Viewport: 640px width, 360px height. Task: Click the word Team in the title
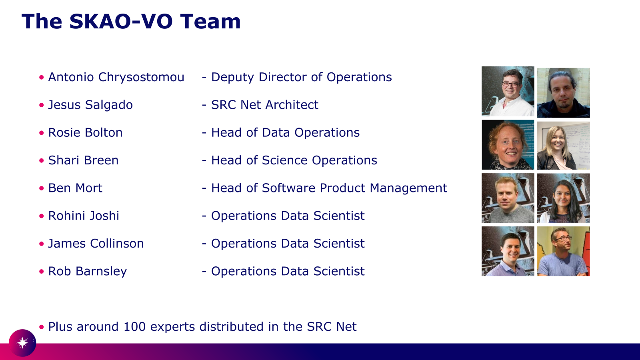(x=210, y=22)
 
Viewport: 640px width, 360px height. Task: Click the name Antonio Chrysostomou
(x=116, y=77)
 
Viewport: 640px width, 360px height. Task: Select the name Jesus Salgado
(x=90, y=105)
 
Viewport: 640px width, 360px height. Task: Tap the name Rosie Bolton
(x=85, y=132)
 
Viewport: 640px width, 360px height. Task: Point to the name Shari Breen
(x=83, y=160)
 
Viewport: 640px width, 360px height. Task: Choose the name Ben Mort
(x=75, y=188)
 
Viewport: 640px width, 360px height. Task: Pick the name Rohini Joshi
(x=84, y=216)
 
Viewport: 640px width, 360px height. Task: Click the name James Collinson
(x=96, y=244)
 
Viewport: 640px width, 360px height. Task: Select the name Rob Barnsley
(x=88, y=271)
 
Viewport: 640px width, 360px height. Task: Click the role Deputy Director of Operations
(x=302, y=77)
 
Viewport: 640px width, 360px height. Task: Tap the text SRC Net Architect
(x=264, y=105)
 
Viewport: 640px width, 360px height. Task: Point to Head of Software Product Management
(x=329, y=188)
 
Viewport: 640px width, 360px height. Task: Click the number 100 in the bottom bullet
(x=134, y=326)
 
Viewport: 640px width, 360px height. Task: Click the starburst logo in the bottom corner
(x=22, y=343)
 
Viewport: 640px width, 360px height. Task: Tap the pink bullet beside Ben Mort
(x=42, y=188)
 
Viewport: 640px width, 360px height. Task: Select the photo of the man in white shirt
(x=508, y=91)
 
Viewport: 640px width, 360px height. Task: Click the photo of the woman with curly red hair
(x=508, y=144)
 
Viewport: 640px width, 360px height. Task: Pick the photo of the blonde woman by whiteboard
(x=564, y=146)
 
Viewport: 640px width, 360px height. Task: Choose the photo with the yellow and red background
(x=564, y=251)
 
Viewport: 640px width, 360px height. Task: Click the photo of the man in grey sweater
(x=508, y=198)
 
